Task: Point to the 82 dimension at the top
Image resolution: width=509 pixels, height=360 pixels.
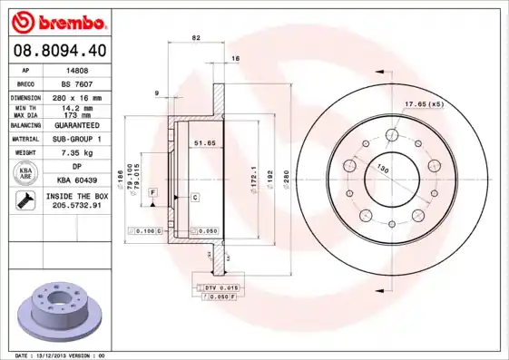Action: [195, 38]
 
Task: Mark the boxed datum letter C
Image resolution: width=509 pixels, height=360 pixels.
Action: [195, 196]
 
